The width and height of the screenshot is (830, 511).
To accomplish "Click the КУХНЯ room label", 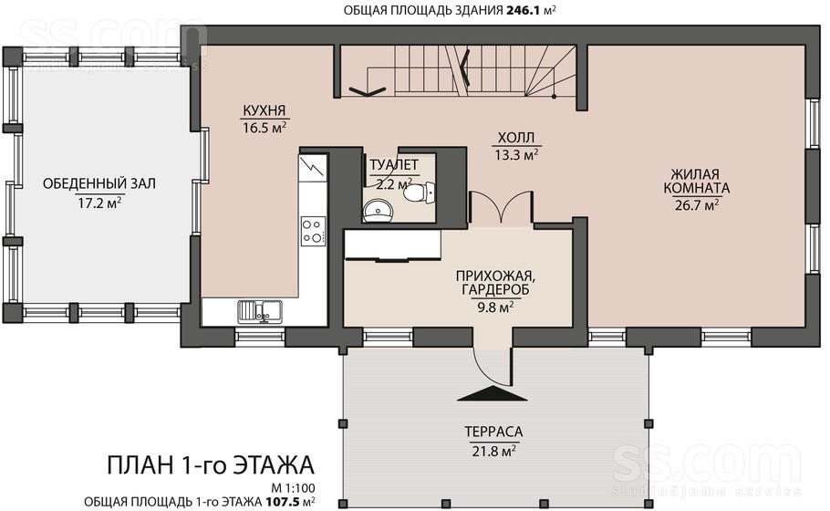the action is coord(265,110).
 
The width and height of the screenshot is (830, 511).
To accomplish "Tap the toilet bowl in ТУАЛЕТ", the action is coord(420,192).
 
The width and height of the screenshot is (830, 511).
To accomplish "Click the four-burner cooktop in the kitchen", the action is coord(312,231).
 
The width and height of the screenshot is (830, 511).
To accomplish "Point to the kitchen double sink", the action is coord(259,311).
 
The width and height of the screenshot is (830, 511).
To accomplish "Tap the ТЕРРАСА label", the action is coord(493,433).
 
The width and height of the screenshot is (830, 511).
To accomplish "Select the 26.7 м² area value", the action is coord(697,204).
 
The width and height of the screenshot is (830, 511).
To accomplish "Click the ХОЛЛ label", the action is coord(516,138).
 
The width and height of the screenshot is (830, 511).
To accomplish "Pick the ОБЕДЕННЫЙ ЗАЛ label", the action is coord(99,183).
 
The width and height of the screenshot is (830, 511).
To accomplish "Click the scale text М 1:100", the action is coord(293,487).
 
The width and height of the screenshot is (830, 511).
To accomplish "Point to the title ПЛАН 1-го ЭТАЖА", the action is coord(211,465).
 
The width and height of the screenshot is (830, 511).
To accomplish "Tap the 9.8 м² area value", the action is coord(495,308).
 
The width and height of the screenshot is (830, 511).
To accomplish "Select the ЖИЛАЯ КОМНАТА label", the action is coord(696,181).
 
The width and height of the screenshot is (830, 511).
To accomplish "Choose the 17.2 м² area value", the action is coord(99,203).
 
